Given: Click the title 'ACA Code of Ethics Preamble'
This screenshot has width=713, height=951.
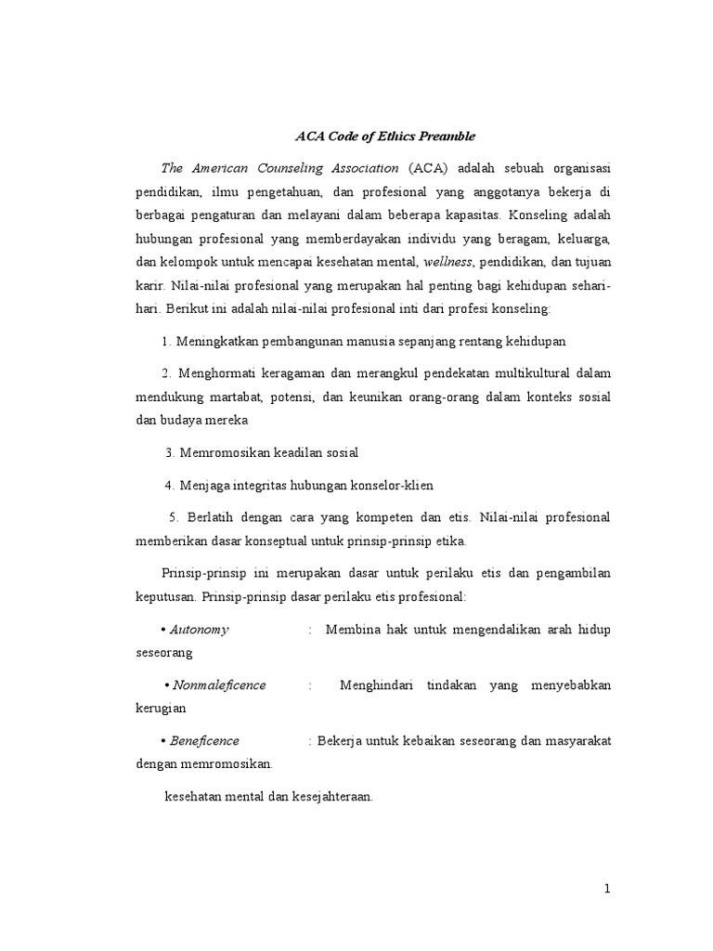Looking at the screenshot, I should tap(384, 136).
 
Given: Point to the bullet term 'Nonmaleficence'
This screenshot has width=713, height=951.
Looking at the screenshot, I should tap(219, 684).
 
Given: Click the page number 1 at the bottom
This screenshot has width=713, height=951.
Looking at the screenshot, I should tap(607, 889).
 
